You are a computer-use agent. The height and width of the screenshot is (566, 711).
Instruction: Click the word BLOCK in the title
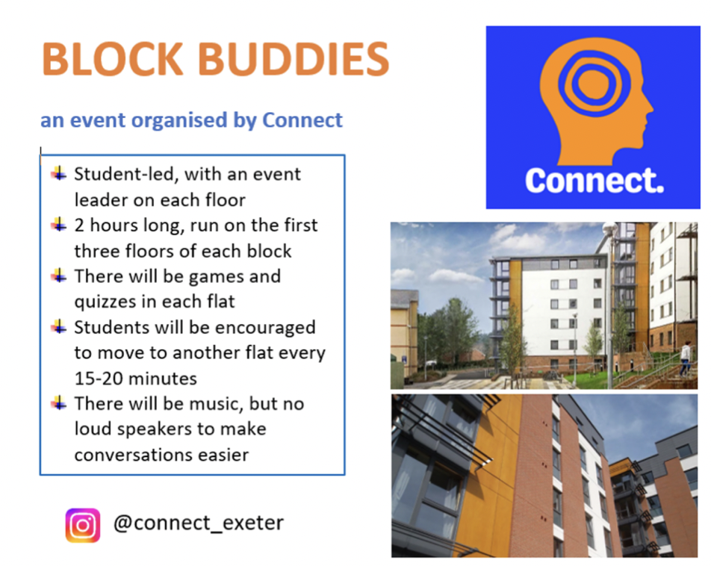click(x=113, y=59)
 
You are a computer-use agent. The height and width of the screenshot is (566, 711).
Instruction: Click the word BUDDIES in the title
click(x=294, y=59)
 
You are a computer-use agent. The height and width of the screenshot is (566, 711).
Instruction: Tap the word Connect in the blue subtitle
click(x=302, y=120)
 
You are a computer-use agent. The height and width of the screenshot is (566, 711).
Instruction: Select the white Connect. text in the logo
click(x=594, y=181)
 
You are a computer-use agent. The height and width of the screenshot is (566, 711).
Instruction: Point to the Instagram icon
click(x=82, y=525)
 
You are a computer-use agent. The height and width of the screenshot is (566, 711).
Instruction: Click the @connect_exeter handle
click(x=199, y=523)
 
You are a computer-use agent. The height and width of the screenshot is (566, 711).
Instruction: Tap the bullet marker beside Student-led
click(x=59, y=173)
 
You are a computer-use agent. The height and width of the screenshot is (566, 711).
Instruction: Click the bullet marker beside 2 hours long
click(x=59, y=225)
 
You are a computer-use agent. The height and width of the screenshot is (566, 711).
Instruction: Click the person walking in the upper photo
click(x=686, y=359)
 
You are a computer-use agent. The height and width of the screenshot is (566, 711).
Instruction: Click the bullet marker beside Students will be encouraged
click(x=59, y=326)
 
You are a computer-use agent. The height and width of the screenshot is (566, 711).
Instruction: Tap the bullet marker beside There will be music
click(x=59, y=402)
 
